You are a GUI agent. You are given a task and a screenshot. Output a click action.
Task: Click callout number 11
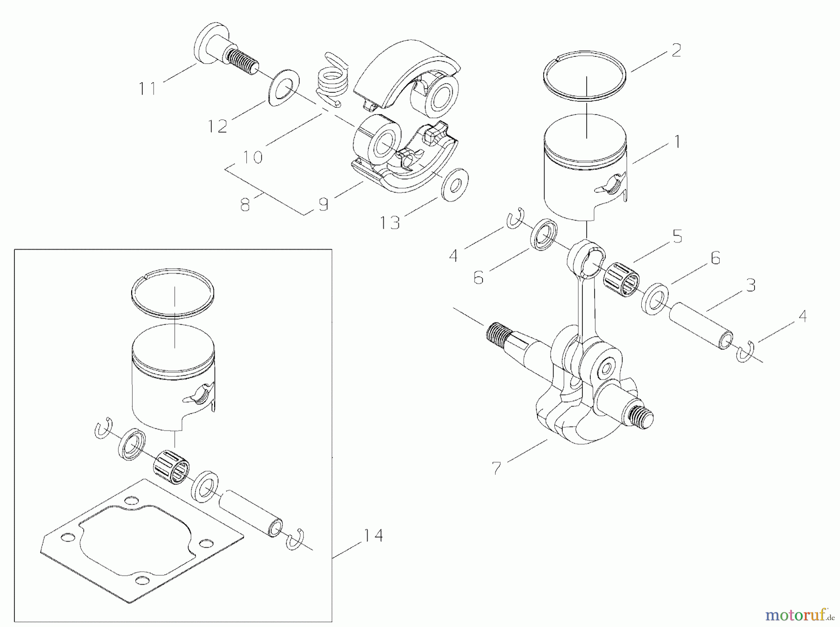click(x=148, y=89)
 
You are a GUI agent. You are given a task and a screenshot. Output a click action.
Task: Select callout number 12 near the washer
click(x=218, y=126)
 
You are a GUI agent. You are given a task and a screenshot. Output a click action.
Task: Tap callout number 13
click(x=390, y=223)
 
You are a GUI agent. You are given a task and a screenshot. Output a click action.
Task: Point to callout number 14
click(x=373, y=536)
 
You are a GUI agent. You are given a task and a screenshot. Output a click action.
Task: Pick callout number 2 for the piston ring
click(x=676, y=50)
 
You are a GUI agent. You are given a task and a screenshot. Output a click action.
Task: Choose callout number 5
click(x=677, y=237)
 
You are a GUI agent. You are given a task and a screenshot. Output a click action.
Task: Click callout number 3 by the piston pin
click(x=750, y=285)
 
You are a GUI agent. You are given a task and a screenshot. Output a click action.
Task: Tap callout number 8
click(x=245, y=204)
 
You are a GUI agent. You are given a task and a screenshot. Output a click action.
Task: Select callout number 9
click(x=323, y=204)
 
